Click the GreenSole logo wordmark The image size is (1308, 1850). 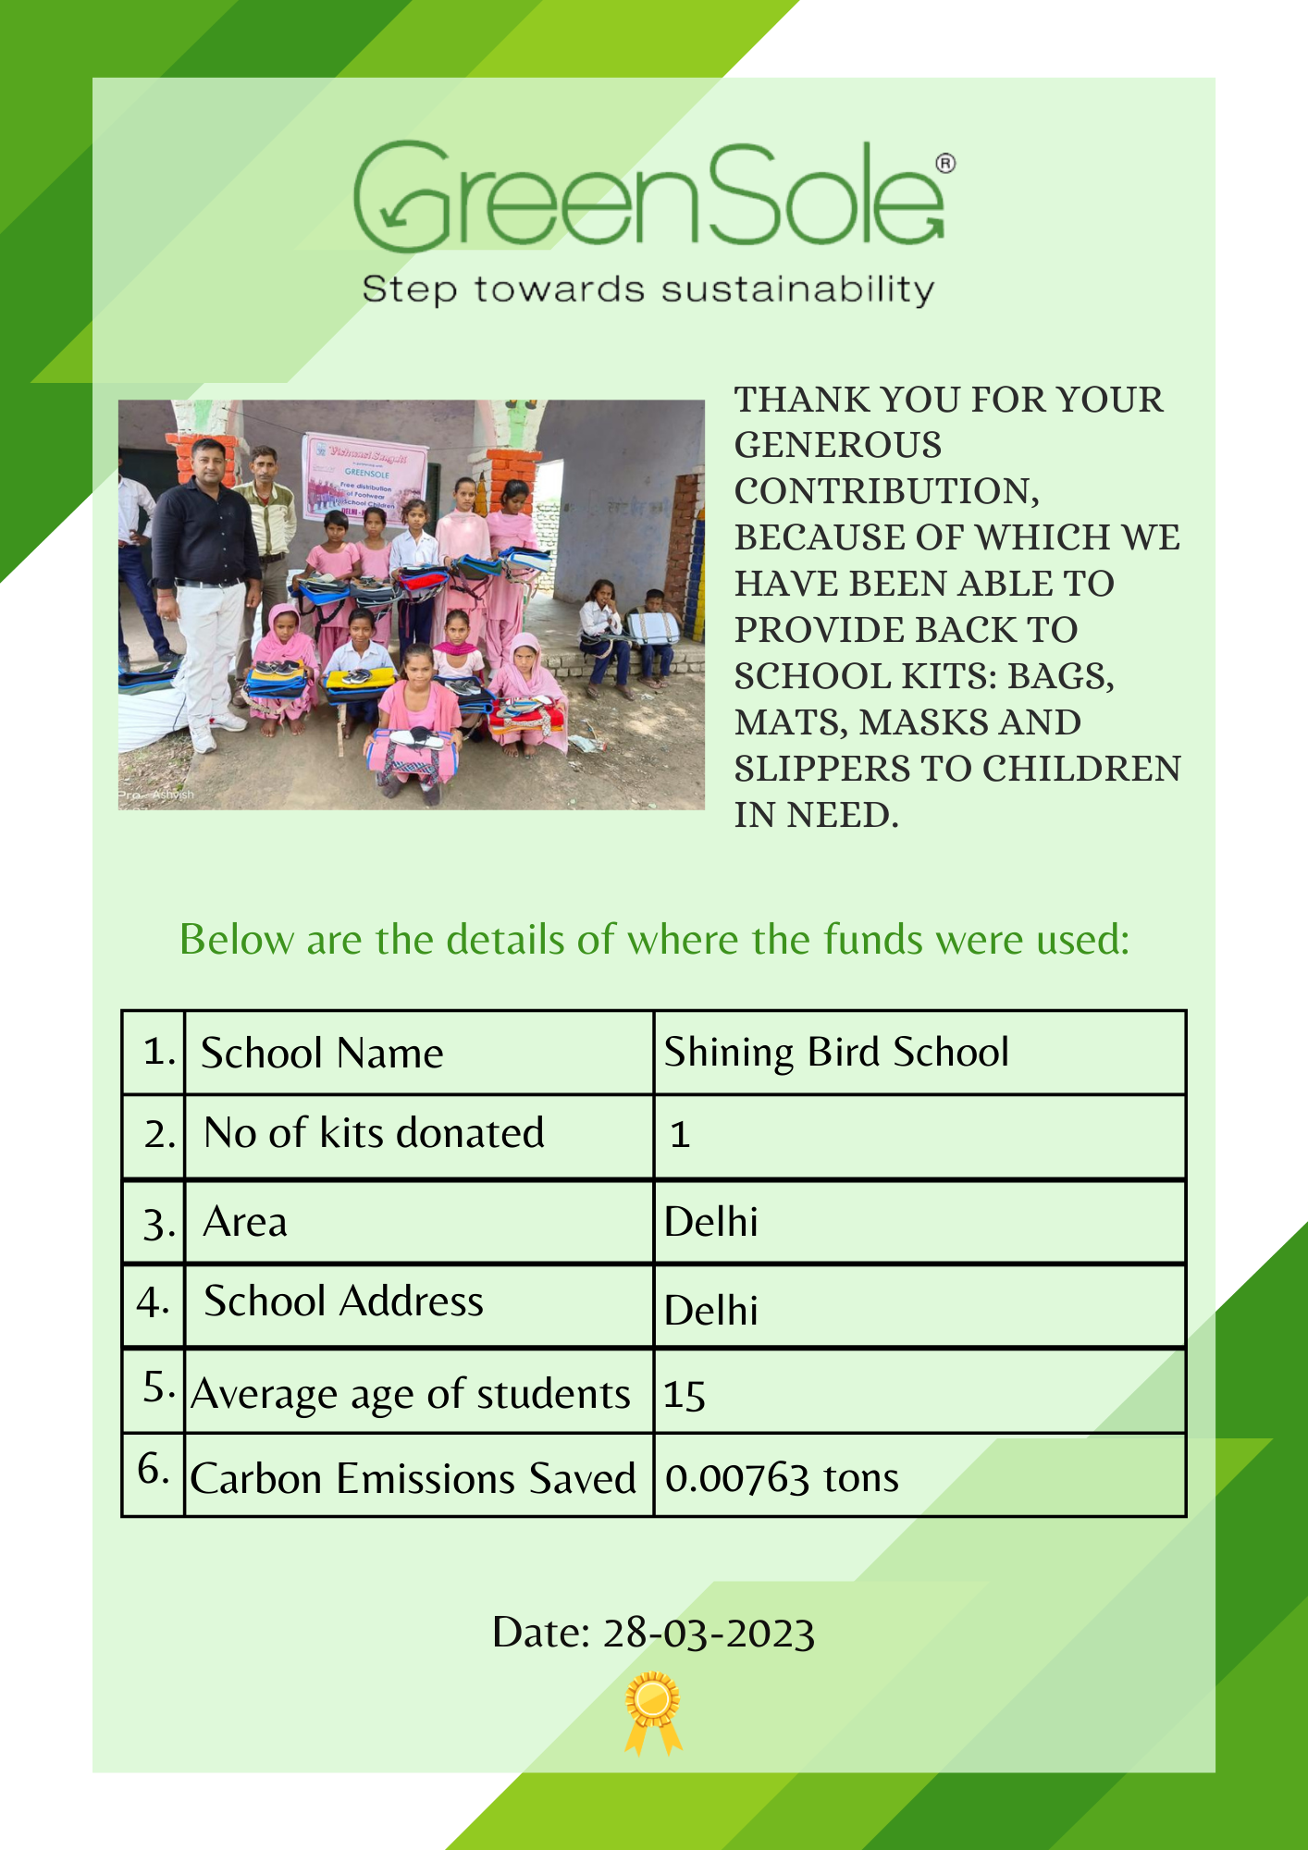click(x=648, y=196)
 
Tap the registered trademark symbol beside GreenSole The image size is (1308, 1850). click(x=945, y=164)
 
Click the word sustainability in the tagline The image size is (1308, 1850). click(x=797, y=290)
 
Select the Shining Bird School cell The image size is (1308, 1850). click(x=836, y=1053)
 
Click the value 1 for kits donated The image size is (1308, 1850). click(x=680, y=1135)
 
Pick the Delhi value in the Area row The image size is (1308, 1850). click(x=710, y=1222)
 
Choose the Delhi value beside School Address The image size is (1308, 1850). click(x=710, y=1310)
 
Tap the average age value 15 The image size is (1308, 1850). click(x=685, y=1395)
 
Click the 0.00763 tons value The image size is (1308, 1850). click(x=782, y=1478)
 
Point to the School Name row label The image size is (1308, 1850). click(x=322, y=1054)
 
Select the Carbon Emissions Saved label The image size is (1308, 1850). click(x=413, y=1478)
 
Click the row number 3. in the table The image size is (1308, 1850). click(x=158, y=1224)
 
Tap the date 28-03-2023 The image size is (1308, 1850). click(x=709, y=1634)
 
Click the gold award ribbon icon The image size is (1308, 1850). click(x=653, y=1711)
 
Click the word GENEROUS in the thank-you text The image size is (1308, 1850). click(x=838, y=446)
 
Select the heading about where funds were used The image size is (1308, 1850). click(x=654, y=940)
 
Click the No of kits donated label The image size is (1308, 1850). click(x=374, y=1133)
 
